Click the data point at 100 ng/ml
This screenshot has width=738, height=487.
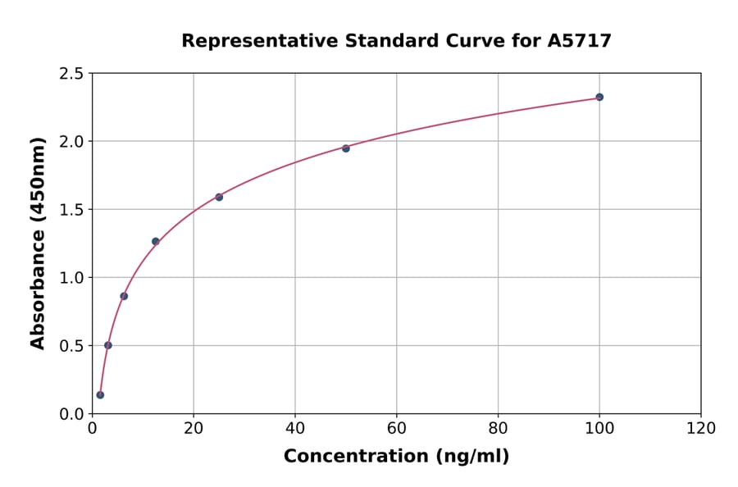599,97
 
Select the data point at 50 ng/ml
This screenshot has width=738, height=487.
346,148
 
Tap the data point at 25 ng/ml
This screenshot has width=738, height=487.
219,197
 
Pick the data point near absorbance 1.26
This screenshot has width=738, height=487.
156,241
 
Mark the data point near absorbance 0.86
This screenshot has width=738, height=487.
124,296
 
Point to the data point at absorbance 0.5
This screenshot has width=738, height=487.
108,345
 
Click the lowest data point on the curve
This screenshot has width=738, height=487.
100,394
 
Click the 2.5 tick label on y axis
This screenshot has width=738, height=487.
71,74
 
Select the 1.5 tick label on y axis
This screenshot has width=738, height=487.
71,210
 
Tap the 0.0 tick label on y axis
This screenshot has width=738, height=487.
71,414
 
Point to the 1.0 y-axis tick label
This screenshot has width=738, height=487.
71,278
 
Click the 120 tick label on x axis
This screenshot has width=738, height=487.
701,429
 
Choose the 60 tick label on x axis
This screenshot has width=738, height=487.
396,429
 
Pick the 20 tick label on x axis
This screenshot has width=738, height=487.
194,429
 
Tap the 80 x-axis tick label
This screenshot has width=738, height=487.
498,429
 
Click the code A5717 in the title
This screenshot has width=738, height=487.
580,41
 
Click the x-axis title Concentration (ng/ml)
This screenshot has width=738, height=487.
396,457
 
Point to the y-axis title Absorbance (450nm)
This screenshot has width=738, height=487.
38,243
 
